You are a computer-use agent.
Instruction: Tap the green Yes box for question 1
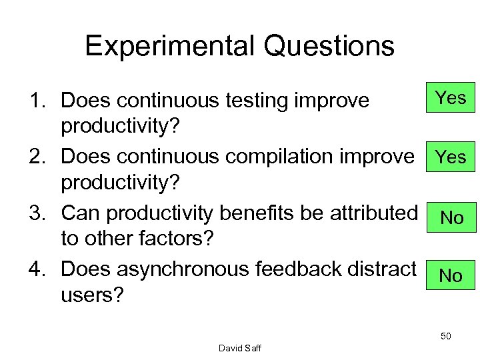coord(451,99)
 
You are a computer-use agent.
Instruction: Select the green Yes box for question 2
coord(451,157)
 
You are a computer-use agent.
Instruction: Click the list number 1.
coord(34,101)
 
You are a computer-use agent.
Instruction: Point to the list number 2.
coord(34,157)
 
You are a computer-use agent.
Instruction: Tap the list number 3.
coord(34,214)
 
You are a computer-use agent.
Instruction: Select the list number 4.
coord(34,271)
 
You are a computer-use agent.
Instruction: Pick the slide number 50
coord(445,336)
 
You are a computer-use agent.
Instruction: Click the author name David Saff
coord(240,347)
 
